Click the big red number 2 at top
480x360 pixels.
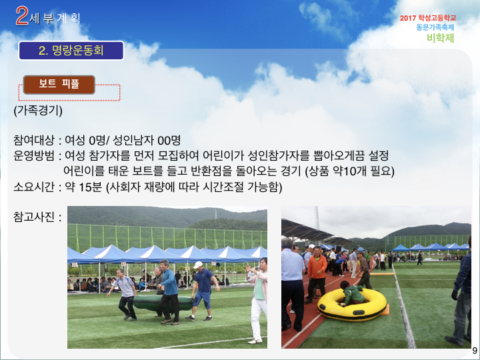click(22, 15)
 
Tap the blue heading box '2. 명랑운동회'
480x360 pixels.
click(71, 51)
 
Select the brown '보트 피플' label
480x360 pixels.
click(59, 84)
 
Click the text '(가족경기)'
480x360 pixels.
click(38, 110)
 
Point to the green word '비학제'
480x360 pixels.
click(441, 38)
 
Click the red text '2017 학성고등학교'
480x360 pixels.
click(428, 18)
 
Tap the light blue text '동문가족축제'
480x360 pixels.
click(435, 27)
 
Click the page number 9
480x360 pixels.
click(475, 351)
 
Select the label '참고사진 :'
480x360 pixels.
click(37, 217)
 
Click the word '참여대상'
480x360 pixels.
click(34, 141)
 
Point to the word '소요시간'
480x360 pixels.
click(34, 187)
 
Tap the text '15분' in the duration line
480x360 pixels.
click(90, 187)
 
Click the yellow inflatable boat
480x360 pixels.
click(352, 305)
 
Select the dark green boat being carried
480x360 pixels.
click(162, 303)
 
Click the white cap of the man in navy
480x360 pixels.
click(198, 265)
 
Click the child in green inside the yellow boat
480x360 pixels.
click(352, 293)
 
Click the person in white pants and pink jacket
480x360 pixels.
click(258, 300)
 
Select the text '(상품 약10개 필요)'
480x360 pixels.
click(350, 171)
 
